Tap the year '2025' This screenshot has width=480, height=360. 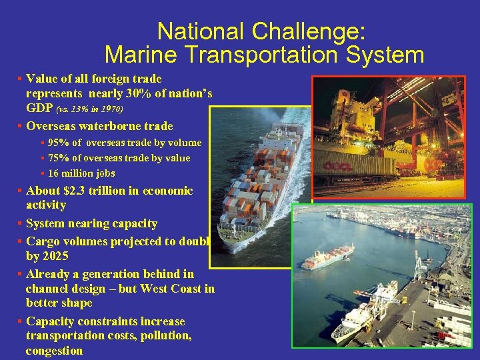pos(55,256)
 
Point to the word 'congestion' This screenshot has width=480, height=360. pos(54,351)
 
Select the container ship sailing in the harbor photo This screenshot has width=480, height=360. pos(326,256)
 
